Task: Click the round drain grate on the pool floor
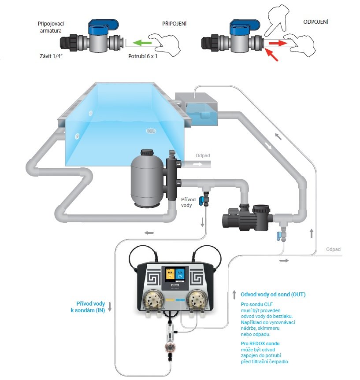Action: pyautogui.click(x=151, y=130)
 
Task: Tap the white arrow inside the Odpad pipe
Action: pyautogui.click(x=198, y=164)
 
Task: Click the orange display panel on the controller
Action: pyautogui.click(x=170, y=276)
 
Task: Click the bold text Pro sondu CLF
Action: pyautogui.click(x=256, y=305)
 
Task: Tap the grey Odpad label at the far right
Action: pyautogui.click(x=333, y=250)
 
